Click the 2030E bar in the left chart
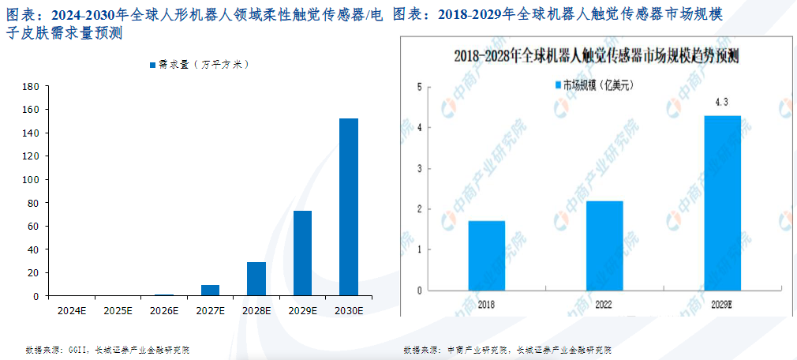pos(349,207)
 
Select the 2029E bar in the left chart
pos(302,253)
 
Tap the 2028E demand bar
pos(256,279)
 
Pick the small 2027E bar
pos(210,290)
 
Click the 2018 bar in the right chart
pos(486,255)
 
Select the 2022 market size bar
pos(604,245)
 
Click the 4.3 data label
pos(721,103)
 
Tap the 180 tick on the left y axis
pos(32,87)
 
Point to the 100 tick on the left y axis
pos(32,180)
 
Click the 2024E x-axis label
pos(72,311)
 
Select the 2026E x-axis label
pos(164,311)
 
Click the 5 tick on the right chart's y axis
pos(419,87)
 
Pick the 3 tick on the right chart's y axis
pos(419,169)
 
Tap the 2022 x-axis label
pos(604,303)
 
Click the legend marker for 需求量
pos(152,64)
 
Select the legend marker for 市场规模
pos(557,84)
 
